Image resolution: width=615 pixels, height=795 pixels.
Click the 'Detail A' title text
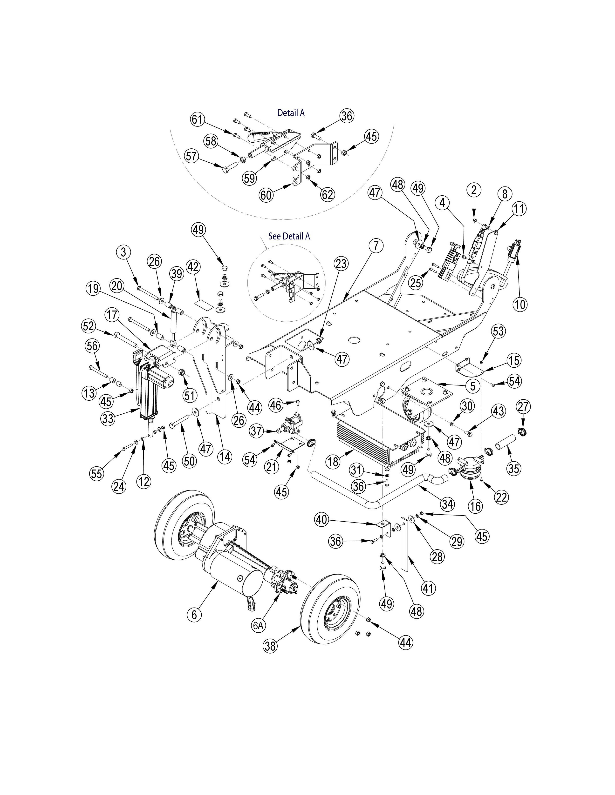pos(291,113)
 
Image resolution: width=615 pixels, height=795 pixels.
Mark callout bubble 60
pos(266,195)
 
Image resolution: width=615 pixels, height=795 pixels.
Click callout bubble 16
pos(475,506)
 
